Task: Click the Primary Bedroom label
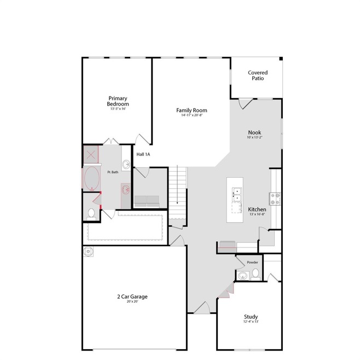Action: (x=118, y=101)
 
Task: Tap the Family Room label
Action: (x=191, y=110)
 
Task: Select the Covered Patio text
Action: (x=257, y=76)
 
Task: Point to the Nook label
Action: (x=254, y=132)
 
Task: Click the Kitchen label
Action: (x=257, y=210)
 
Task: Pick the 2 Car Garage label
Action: (x=132, y=297)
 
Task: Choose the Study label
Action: (x=251, y=316)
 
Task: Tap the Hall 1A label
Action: (x=143, y=154)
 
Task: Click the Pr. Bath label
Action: (x=113, y=172)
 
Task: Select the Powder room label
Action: (x=252, y=263)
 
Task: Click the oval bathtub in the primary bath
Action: (x=91, y=178)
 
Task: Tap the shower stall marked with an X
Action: (x=91, y=154)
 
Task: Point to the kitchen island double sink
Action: (x=237, y=192)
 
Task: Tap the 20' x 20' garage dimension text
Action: (x=132, y=302)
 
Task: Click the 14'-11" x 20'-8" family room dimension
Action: (x=191, y=115)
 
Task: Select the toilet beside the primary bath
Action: (x=92, y=212)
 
